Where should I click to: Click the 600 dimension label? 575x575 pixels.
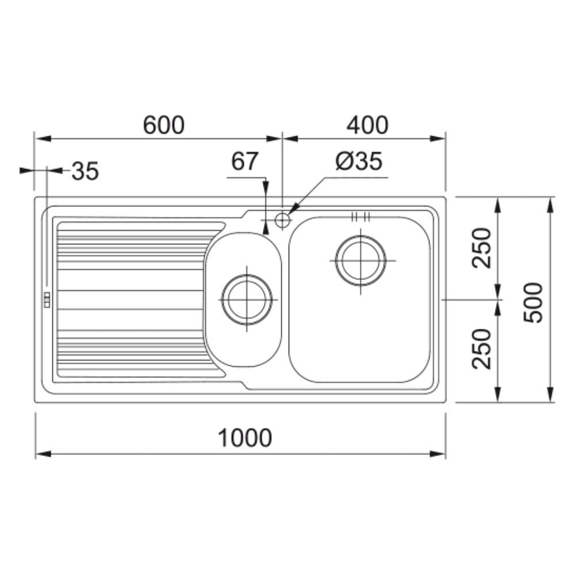pos(163,125)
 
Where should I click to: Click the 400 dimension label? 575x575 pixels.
pos(367,125)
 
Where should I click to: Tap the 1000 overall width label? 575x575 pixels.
pos(245,438)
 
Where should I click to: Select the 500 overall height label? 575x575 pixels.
pos(532,302)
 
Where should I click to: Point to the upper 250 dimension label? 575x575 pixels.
pos(481,248)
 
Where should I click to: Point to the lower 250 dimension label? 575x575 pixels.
pos(481,349)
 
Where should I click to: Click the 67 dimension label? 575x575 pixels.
pos(244,161)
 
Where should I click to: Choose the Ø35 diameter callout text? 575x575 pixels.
pos(359,161)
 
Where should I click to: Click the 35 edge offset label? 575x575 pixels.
pos(85,171)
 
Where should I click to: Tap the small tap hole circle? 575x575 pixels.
pos(282,219)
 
